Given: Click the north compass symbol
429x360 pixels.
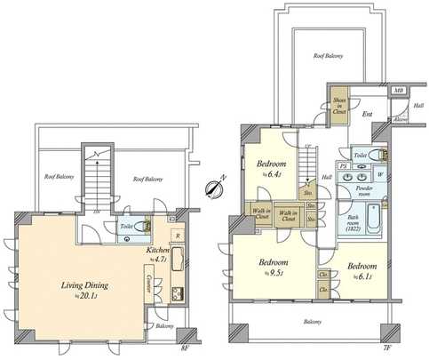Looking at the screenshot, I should tap(214, 188).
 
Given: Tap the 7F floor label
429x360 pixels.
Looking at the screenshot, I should tap(387, 349).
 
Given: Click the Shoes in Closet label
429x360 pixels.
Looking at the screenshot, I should tap(338, 107).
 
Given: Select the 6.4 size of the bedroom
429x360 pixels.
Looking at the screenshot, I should tap(271, 174).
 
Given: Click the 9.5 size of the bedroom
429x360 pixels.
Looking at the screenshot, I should tap(273, 273).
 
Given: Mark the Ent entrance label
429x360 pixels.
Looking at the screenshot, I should tap(367, 115).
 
